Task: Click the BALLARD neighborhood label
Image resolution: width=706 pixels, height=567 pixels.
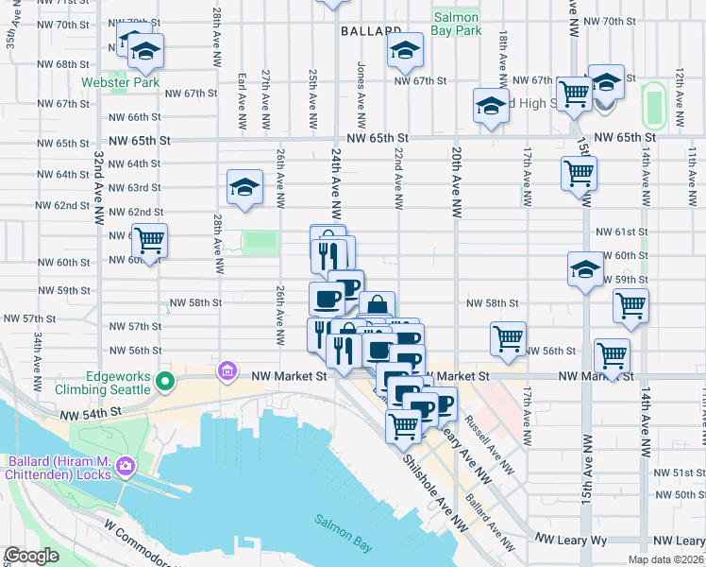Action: click(367, 31)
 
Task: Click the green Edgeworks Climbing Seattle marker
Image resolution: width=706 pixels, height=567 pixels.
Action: click(165, 383)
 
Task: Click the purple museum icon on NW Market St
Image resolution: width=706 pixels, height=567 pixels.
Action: click(227, 369)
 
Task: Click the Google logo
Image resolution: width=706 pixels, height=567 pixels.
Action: click(31, 556)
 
